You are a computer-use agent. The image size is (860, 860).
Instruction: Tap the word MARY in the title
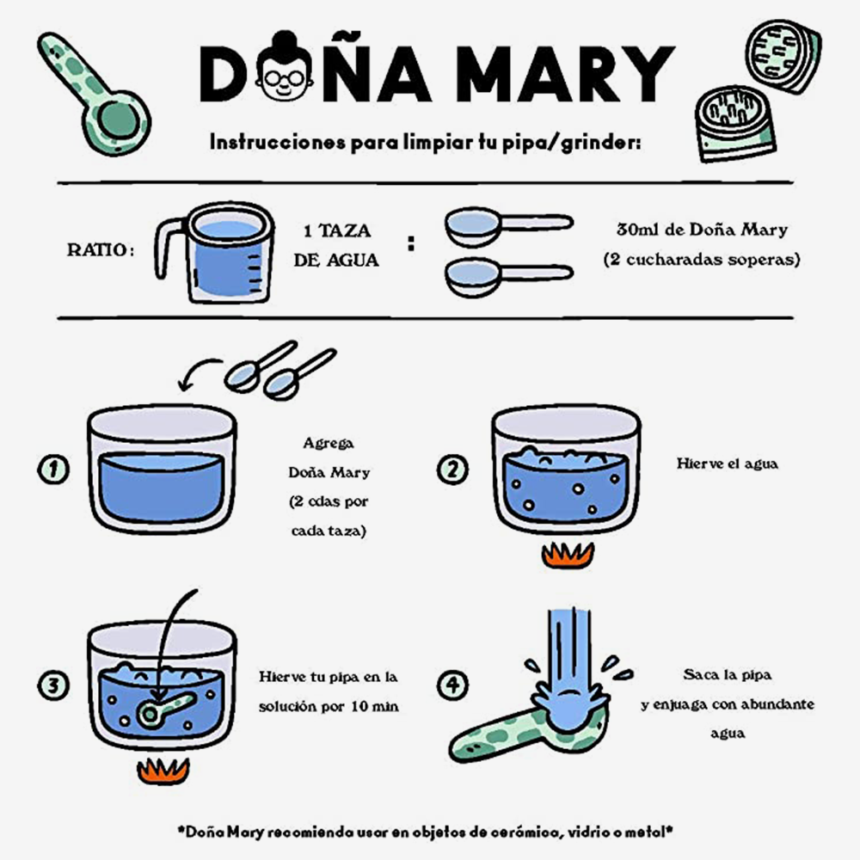(x=566, y=73)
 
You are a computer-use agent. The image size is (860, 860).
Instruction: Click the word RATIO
(x=101, y=250)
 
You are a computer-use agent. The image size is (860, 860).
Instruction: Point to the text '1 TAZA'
(x=337, y=230)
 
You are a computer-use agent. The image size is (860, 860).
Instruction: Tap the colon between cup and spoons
(x=411, y=243)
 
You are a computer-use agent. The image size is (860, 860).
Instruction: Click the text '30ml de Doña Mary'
(x=702, y=230)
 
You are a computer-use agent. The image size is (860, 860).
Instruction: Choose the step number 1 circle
(x=53, y=470)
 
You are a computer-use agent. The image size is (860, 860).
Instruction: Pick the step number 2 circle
(x=452, y=470)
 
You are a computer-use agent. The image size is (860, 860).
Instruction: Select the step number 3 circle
(x=53, y=685)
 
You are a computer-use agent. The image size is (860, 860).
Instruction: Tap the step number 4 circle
(x=452, y=685)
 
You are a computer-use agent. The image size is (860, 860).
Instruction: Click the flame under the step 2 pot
(x=568, y=555)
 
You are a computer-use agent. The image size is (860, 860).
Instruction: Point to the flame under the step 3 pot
(x=163, y=771)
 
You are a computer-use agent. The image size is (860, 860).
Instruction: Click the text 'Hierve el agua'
(x=728, y=464)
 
